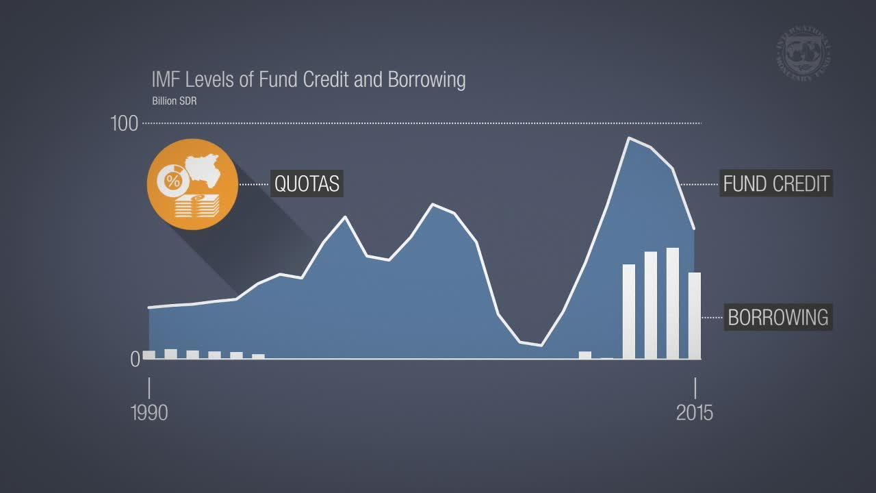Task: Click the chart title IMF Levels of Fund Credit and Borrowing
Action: (x=308, y=79)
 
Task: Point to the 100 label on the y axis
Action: (x=124, y=124)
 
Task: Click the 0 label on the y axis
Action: (x=135, y=359)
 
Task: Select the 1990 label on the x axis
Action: (x=149, y=413)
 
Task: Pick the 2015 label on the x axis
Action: (x=695, y=413)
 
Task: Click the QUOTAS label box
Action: (x=307, y=184)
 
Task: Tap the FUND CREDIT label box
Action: (x=775, y=184)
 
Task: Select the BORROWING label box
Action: (x=778, y=317)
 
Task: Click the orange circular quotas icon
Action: (x=192, y=184)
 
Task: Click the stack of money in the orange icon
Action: (x=198, y=206)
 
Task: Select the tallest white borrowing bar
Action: (x=672, y=303)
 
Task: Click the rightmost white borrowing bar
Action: (x=695, y=315)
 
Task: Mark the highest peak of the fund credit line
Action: (x=629, y=138)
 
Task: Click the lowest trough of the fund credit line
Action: (x=541, y=345)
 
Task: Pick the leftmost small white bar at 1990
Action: (x=149, y=355)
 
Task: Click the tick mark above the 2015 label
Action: (x=695, y=388)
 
